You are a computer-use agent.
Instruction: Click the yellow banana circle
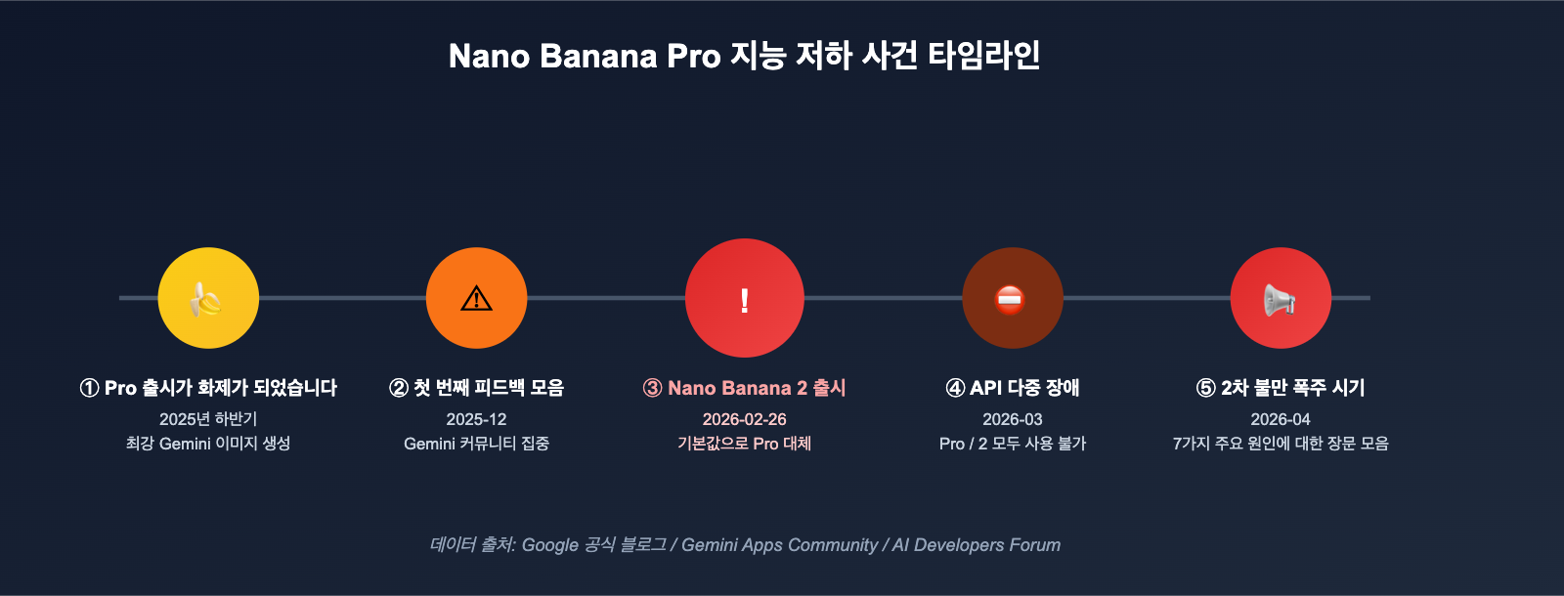(208, 298)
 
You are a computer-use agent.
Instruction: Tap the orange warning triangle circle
(476, 298)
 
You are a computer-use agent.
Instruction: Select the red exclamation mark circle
(745, 298)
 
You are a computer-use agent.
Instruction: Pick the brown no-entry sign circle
(1013, 298)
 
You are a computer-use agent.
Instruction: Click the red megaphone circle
(1281, 298)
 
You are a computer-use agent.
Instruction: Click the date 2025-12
(476, 419)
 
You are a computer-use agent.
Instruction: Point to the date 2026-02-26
(745, 419)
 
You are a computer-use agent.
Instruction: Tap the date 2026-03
(1013, 419)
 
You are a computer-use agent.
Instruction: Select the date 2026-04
(1281, 419)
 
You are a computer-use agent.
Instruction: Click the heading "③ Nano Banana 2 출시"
(745, 388)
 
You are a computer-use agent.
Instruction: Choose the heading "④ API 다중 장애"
(1013, 388)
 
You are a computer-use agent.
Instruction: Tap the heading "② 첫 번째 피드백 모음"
(476, 388)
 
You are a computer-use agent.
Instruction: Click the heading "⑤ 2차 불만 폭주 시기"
(1281, 388)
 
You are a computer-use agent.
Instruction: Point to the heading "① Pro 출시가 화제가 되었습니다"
(208, 388)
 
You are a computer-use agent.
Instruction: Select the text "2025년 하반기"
(208, 419)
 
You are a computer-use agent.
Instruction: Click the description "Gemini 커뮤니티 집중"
(476, 444)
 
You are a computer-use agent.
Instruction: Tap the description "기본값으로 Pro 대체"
(745, 444)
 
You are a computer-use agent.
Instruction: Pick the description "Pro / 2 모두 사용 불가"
(1013, 444)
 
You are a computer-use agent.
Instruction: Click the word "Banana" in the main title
(598, 56)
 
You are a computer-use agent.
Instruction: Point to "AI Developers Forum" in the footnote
(976, 545)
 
